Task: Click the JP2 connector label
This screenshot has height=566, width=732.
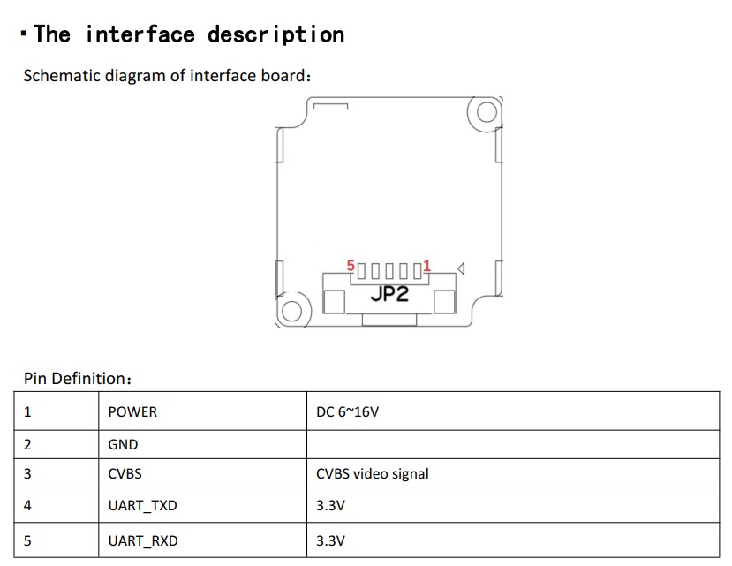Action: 389,294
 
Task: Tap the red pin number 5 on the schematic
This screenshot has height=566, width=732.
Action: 351,265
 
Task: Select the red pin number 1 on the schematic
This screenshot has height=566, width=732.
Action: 427,265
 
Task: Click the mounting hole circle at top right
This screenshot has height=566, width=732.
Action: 486,112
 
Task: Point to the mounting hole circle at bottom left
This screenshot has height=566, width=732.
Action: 292,311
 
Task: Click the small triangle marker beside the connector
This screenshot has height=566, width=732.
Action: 461,268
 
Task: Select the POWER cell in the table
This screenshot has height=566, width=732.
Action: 132,411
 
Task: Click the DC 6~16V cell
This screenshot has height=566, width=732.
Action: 347,411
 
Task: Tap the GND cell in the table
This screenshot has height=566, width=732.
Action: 123,444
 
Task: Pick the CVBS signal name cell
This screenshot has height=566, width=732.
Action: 125,474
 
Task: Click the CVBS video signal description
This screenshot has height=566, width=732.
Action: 372,474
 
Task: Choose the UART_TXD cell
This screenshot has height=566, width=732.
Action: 142,507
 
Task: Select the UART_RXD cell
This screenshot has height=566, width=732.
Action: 142,540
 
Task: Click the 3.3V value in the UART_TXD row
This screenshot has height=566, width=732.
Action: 330,507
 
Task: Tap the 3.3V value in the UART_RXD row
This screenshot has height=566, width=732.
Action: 330,540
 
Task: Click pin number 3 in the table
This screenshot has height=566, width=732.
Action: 27,474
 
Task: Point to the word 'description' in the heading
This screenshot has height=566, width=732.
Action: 275,34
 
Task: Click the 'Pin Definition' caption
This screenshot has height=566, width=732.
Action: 78,379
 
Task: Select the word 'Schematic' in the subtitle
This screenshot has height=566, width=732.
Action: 62,75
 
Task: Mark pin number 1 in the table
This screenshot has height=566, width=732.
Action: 27,411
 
